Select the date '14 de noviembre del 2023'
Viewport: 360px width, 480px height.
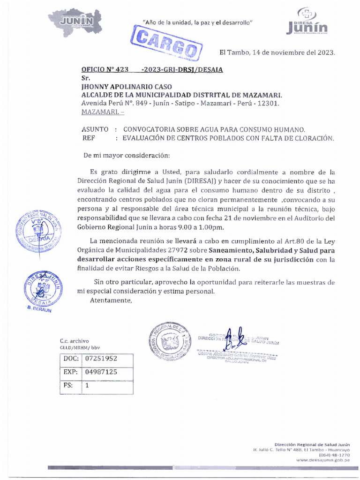pos(293,52)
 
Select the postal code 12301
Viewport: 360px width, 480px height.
pos(268,103)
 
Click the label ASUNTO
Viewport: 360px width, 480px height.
pos(95,129)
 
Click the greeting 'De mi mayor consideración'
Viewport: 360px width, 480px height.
pos(126,155)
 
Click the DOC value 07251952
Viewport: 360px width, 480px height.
pos(101,359)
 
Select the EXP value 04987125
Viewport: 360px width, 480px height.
pos(101,372)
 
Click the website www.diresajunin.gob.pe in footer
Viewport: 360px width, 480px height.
pos(322,460)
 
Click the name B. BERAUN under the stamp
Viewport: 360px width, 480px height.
pos(40,310)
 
